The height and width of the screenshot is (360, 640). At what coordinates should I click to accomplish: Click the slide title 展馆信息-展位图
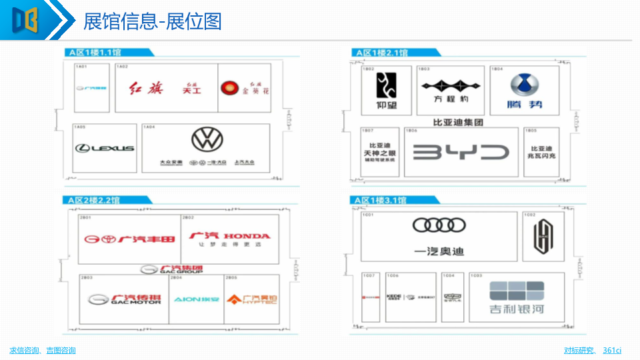(x=152, y=22)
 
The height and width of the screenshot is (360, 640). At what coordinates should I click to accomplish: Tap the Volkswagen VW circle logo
(x=205, y=140)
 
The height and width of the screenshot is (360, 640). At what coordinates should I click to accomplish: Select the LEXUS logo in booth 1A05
(x=105, y=148)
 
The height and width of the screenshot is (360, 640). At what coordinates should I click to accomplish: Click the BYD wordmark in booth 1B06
(x=461, y=153)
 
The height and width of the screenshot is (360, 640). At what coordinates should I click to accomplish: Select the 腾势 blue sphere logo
(x=525, y=85)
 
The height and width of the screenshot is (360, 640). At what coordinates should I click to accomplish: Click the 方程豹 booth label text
(x=451, y=99)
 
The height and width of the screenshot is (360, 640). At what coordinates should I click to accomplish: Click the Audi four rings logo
(x=439, y=225)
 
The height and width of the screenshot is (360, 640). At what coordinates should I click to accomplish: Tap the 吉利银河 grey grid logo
(x=517, y=291)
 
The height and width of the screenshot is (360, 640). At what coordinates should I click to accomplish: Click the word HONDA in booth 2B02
(x=247, y=236)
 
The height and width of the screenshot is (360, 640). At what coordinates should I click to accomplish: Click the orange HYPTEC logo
(x=251, y=299)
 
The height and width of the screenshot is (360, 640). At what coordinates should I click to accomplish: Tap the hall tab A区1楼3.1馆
(x=383, y=200)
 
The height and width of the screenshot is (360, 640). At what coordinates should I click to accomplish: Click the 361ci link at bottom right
(x=612, y=350)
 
